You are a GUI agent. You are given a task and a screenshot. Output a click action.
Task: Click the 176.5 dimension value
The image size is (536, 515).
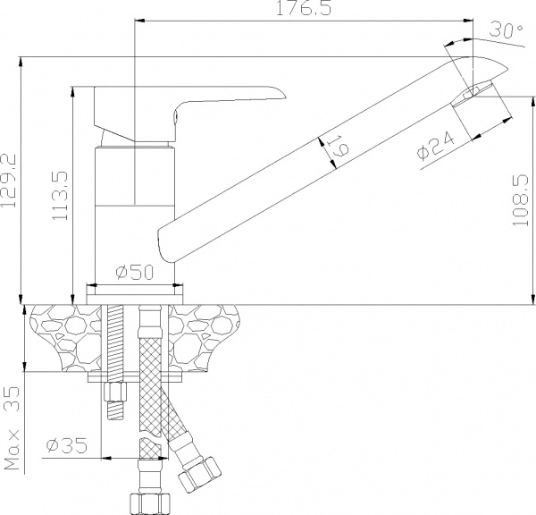point(304,8)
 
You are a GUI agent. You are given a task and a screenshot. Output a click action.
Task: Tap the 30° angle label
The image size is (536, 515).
point(506,30)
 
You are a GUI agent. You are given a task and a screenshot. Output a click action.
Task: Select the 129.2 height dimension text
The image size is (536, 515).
point(9,181)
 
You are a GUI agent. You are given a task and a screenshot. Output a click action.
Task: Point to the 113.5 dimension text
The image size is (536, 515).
point(60,196)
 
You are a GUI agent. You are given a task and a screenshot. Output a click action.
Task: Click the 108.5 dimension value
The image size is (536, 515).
point(521,200)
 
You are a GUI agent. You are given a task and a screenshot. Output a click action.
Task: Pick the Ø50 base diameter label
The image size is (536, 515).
point(135,272)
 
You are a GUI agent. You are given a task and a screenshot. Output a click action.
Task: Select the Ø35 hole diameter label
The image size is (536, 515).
point(67,445)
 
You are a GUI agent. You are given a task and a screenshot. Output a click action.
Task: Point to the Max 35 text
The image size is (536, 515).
point(12,428)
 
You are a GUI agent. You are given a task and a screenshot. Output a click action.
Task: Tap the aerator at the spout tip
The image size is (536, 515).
point(473,93)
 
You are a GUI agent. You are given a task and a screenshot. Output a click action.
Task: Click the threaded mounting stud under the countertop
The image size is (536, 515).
point(115,362)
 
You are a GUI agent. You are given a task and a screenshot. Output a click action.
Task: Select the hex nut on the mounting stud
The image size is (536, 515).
point(115,392)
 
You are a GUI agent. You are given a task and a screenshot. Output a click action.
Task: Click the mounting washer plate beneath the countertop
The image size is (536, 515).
point(135,377)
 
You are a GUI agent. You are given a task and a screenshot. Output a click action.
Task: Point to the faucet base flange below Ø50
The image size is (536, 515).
point(135,294)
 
